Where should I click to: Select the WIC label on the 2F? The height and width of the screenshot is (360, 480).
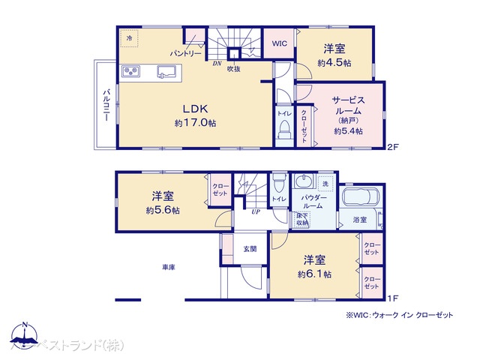tap(280, 43)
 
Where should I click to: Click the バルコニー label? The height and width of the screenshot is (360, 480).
tap(107, 106)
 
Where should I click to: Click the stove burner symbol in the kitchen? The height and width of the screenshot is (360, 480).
tap(132, 72)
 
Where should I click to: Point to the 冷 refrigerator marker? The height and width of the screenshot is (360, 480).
tap(128, 37)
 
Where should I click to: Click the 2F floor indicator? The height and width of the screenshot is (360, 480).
tap(391, 148)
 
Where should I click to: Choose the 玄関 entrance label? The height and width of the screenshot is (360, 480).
tap(250, 248)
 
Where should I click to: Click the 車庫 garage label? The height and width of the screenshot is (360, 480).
tap(168, 267)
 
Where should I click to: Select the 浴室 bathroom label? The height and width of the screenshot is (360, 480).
tap(360, 220)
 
